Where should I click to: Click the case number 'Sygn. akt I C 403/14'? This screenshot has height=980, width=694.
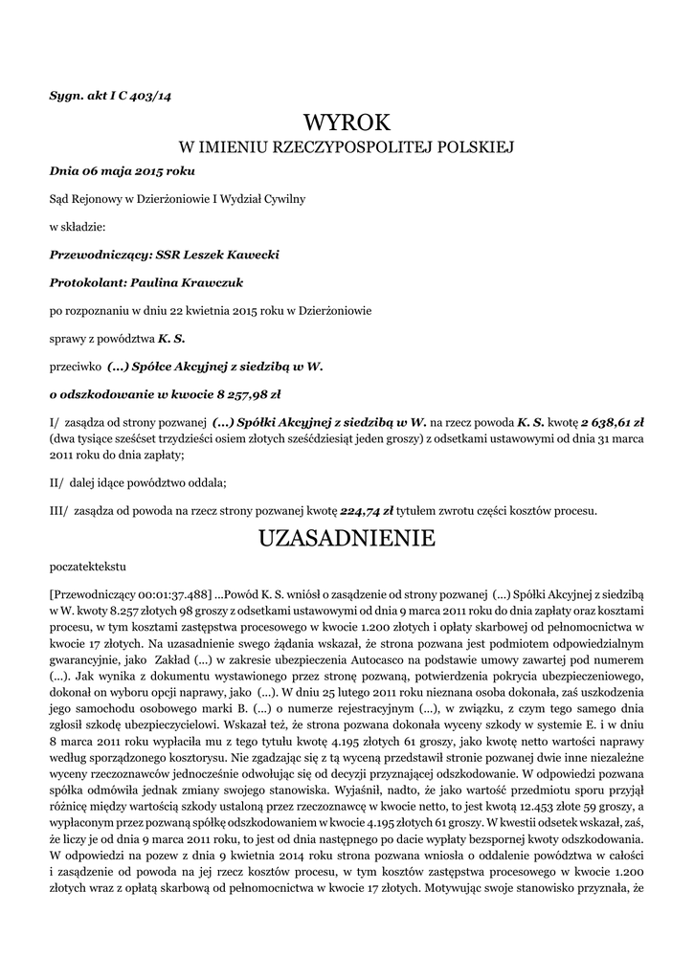pos(110,95)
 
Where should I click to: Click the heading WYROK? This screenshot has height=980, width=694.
pos(347,122)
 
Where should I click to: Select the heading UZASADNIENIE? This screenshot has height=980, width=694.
pos(347,539)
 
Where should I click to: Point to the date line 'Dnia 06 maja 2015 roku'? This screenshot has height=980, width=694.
pos(122,171)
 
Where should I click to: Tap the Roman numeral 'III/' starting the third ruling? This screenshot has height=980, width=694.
pos(58,510)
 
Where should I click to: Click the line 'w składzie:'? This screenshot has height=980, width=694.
pos(77,227)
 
